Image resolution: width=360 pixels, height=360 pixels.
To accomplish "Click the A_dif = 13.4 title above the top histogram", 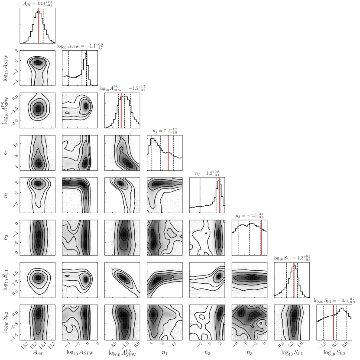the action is click(x=37, y=3).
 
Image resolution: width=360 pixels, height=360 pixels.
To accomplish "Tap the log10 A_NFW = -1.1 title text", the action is click(x=80, y=46).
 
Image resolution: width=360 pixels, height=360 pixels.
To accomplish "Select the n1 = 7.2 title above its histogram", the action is click(x=165, y=131).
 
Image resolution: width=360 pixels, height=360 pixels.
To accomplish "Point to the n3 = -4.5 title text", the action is click(x=250, y=216).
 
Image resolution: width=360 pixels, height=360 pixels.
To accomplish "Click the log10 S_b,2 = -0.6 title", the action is click(x=334, y=301).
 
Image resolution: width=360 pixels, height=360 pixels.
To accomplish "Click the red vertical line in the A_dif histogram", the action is click(x=39, y=26).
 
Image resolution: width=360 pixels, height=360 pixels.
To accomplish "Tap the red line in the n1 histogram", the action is click(x=168, y=153).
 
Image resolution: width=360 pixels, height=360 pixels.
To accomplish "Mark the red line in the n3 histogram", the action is click(x=262, y=238).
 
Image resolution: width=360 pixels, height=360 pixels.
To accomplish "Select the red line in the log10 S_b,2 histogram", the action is click(x=334, y=322).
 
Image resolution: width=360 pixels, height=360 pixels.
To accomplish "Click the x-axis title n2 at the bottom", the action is click(x=207, y=353).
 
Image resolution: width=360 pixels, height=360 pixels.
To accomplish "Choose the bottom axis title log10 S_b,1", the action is click(x=292, y=353).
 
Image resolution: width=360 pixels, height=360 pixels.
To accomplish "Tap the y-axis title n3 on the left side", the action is click(x=6, y=237).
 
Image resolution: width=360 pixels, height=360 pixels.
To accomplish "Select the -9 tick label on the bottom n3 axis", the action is click(x=235, y=344).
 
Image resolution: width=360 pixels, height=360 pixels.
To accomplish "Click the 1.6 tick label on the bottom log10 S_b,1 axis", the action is click(x=301, y=344).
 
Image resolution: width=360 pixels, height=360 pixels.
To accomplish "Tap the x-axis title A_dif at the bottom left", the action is click(x=38, y=353).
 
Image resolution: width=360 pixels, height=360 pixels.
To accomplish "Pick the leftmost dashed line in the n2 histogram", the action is click(x=200, y=195).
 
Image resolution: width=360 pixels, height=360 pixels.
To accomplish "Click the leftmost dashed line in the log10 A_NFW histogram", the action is click(x=68, y=68).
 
